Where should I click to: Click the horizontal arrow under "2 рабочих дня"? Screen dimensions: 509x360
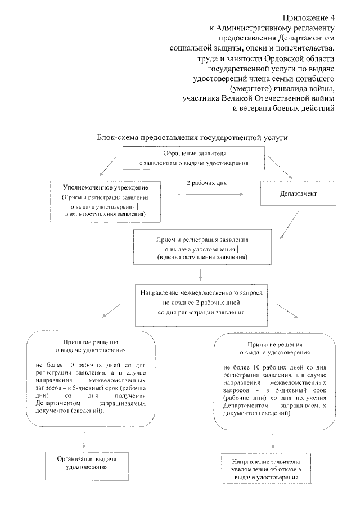[209, 195]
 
